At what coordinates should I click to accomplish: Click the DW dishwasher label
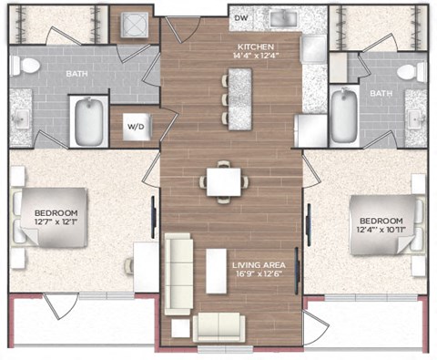[241, 18]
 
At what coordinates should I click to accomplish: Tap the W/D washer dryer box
[137, 127]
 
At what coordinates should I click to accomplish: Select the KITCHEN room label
[256, 47]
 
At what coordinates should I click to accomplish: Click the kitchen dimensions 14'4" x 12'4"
[256, 56]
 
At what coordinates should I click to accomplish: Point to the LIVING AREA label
[259, 265]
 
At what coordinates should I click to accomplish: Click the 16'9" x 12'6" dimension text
[259, 273]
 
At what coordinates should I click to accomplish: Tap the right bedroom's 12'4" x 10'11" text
[381, 230]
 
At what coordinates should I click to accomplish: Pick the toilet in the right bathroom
[412, 71]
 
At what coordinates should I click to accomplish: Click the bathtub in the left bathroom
[89, 121]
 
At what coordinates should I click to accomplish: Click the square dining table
[224, 181]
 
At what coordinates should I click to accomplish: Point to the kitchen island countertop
[240, 99]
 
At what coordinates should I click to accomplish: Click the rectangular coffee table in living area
[216, 272]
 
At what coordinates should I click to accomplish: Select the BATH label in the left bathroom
[76, 74]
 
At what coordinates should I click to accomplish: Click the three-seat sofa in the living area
[178, 274]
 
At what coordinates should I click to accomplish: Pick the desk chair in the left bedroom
[129, 265]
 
